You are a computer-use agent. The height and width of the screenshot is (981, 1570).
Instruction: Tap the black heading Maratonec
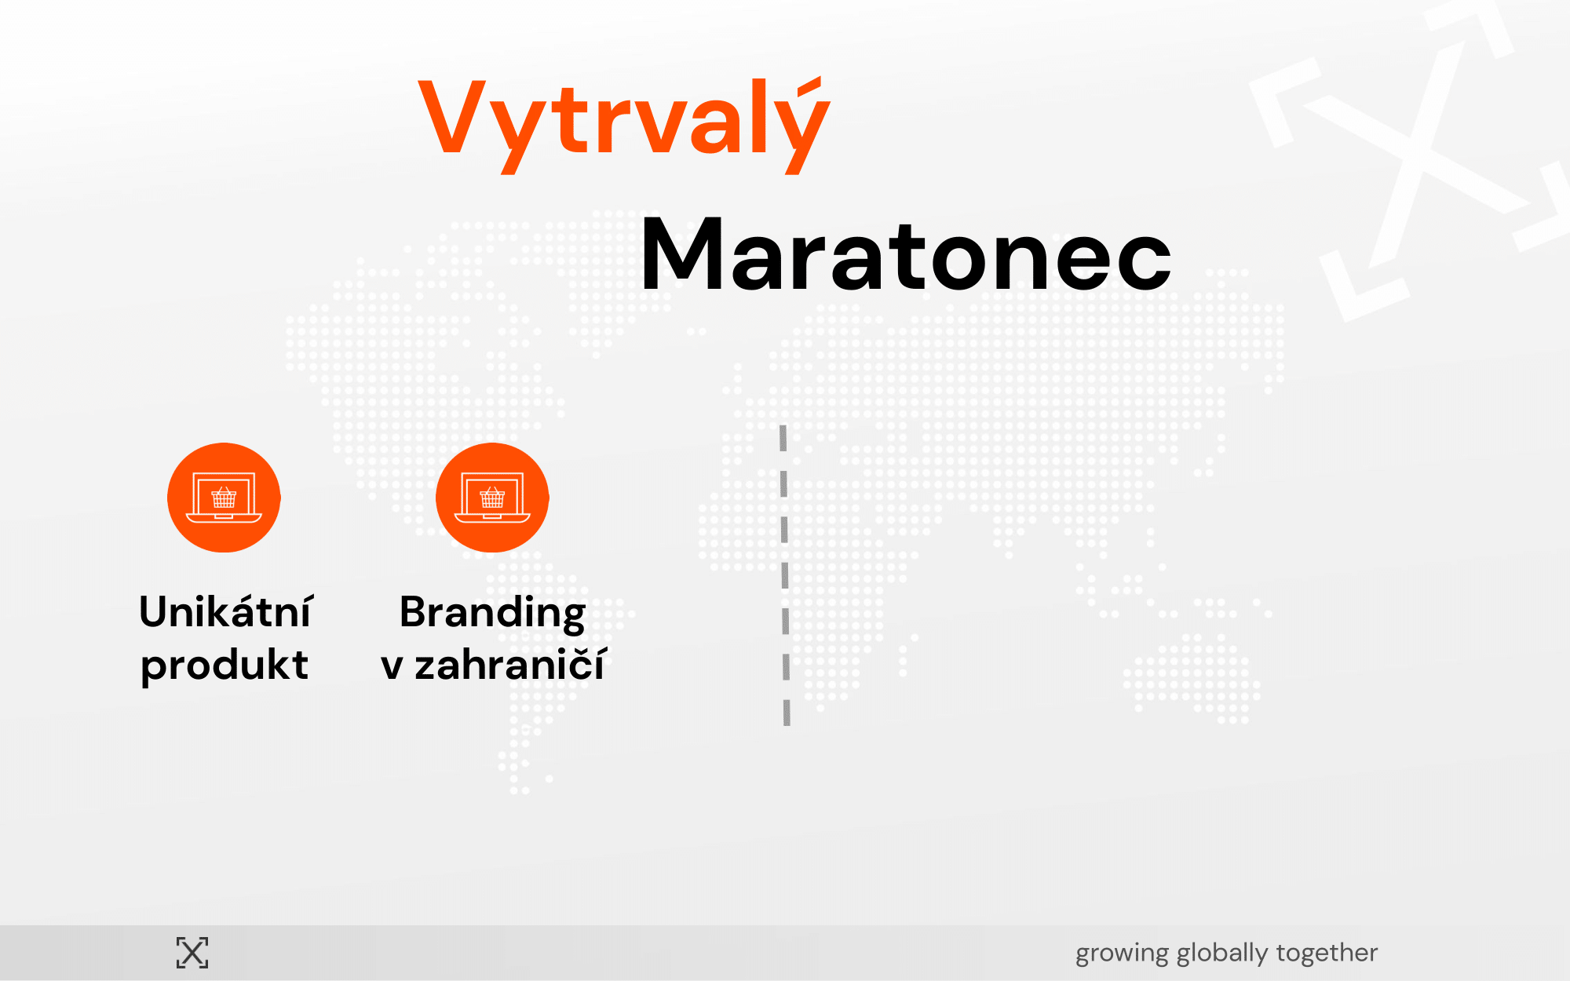[906, 255]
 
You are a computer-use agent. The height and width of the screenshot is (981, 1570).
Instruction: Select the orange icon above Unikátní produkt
[224, 498]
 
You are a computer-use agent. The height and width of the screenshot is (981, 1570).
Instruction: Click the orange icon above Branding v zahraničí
[492, 498]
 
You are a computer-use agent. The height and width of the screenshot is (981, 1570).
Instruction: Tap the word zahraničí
[510, 664]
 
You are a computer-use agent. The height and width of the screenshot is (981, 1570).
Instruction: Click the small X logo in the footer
[192, 953]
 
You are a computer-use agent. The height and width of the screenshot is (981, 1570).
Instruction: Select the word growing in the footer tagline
[1122, 954]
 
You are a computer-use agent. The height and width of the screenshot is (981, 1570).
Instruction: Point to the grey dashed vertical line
[784, 575]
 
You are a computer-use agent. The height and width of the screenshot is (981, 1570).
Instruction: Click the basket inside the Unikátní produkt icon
[224, 497]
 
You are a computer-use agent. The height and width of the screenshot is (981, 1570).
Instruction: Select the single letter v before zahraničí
[392, 666]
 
